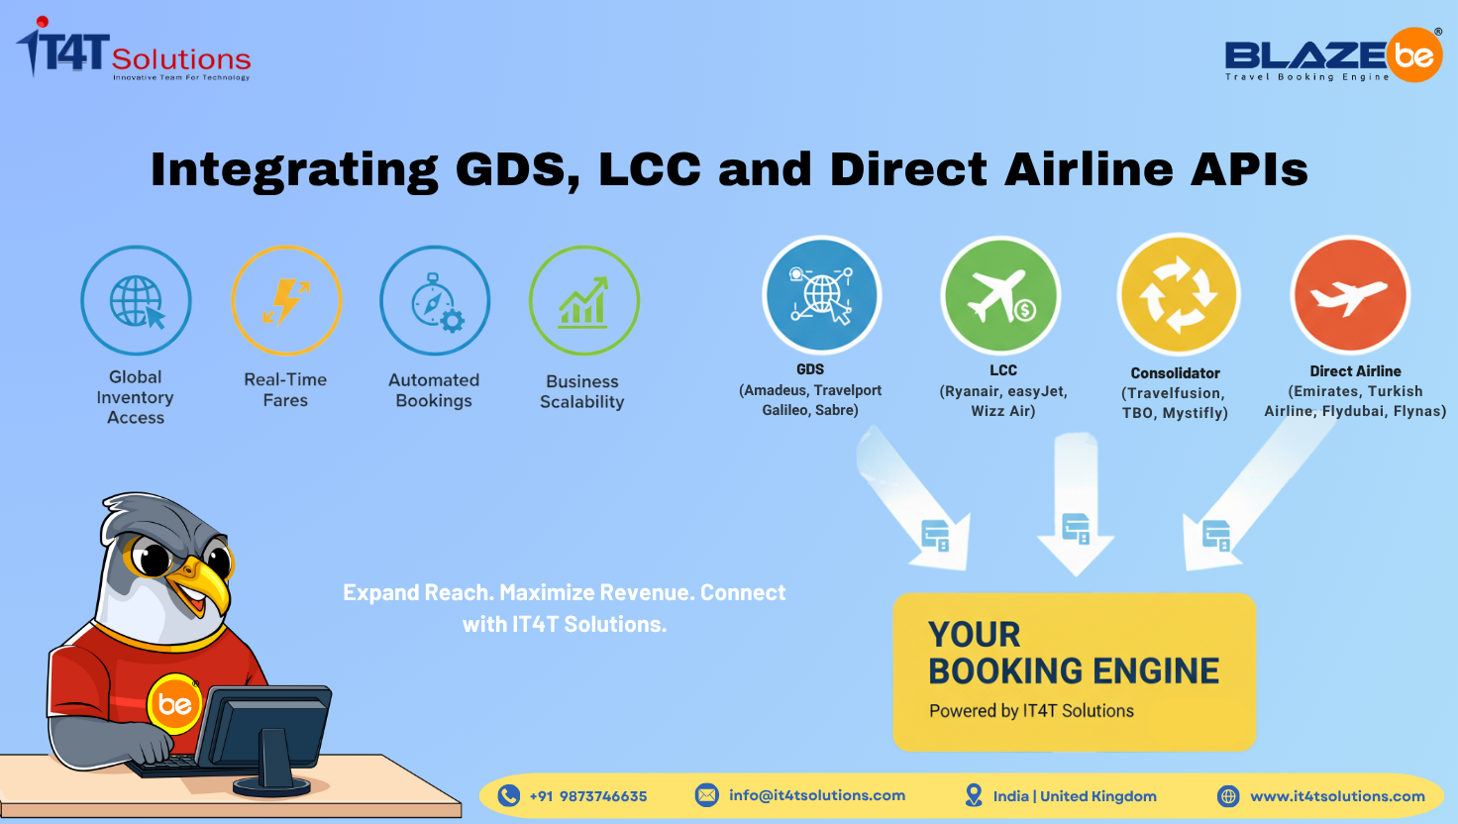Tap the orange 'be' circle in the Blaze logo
click(1413, 55)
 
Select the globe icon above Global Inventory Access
click(137, 301)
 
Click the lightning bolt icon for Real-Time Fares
click(286, 301)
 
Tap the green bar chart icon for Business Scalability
click(583, 301)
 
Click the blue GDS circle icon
click(821, 295)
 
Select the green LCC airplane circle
click(1001, 296)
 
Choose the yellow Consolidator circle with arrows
click(1178, 295)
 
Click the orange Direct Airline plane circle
click(1351, 295)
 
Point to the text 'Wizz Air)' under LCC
click(1003, 411)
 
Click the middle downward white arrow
click(1076, 505)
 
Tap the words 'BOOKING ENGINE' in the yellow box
click(1074, 671)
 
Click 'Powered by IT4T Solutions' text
click(1031, 711)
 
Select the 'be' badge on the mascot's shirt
click(174, 704)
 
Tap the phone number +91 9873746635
click(588, 796)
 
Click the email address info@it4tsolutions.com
click(817, 795)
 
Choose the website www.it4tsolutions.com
click(1337, 796)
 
